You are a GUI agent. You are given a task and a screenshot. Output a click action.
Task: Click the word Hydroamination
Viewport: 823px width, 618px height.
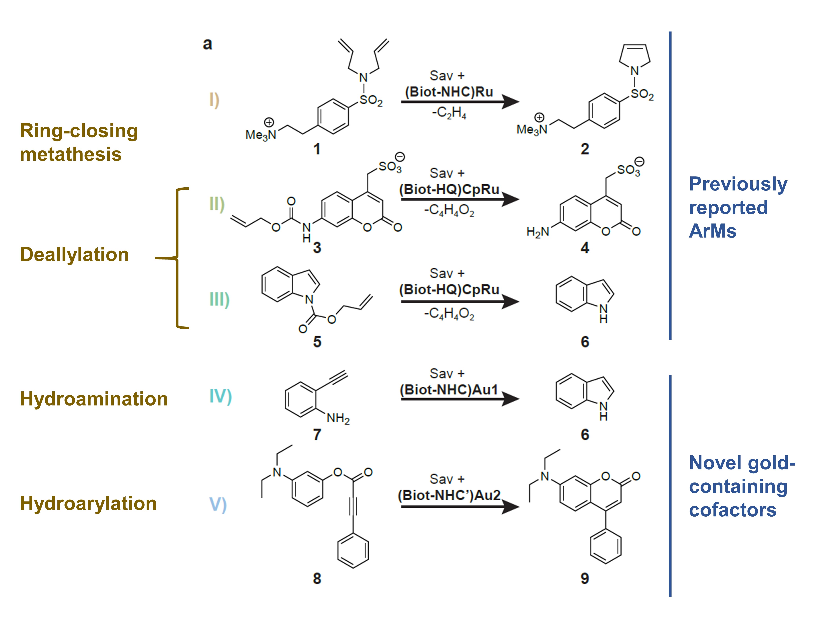(x=94, y=399)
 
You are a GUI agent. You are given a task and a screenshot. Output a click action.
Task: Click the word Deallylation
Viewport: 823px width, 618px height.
(x=74, y=255)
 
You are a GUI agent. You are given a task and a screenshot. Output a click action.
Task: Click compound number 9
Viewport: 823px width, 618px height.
(x=585, y=579)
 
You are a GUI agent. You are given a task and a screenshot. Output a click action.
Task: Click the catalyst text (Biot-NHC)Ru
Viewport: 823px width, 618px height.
(x=449, y=92)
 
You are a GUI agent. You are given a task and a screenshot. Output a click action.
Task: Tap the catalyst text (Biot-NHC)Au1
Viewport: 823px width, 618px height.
(x=449, y=390)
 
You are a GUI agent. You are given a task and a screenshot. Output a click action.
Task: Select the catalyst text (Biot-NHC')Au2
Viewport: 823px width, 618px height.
(x=449, y=495)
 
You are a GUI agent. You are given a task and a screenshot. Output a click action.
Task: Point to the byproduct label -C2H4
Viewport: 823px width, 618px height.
(x=449, y=112)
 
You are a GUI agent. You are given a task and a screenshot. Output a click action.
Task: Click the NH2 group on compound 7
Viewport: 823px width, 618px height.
(x=338, y=419)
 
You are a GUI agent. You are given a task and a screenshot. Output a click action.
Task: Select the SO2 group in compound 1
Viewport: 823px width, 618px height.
(x=371, y=100)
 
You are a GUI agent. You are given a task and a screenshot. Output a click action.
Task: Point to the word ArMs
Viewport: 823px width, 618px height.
(x=712, y=231)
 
